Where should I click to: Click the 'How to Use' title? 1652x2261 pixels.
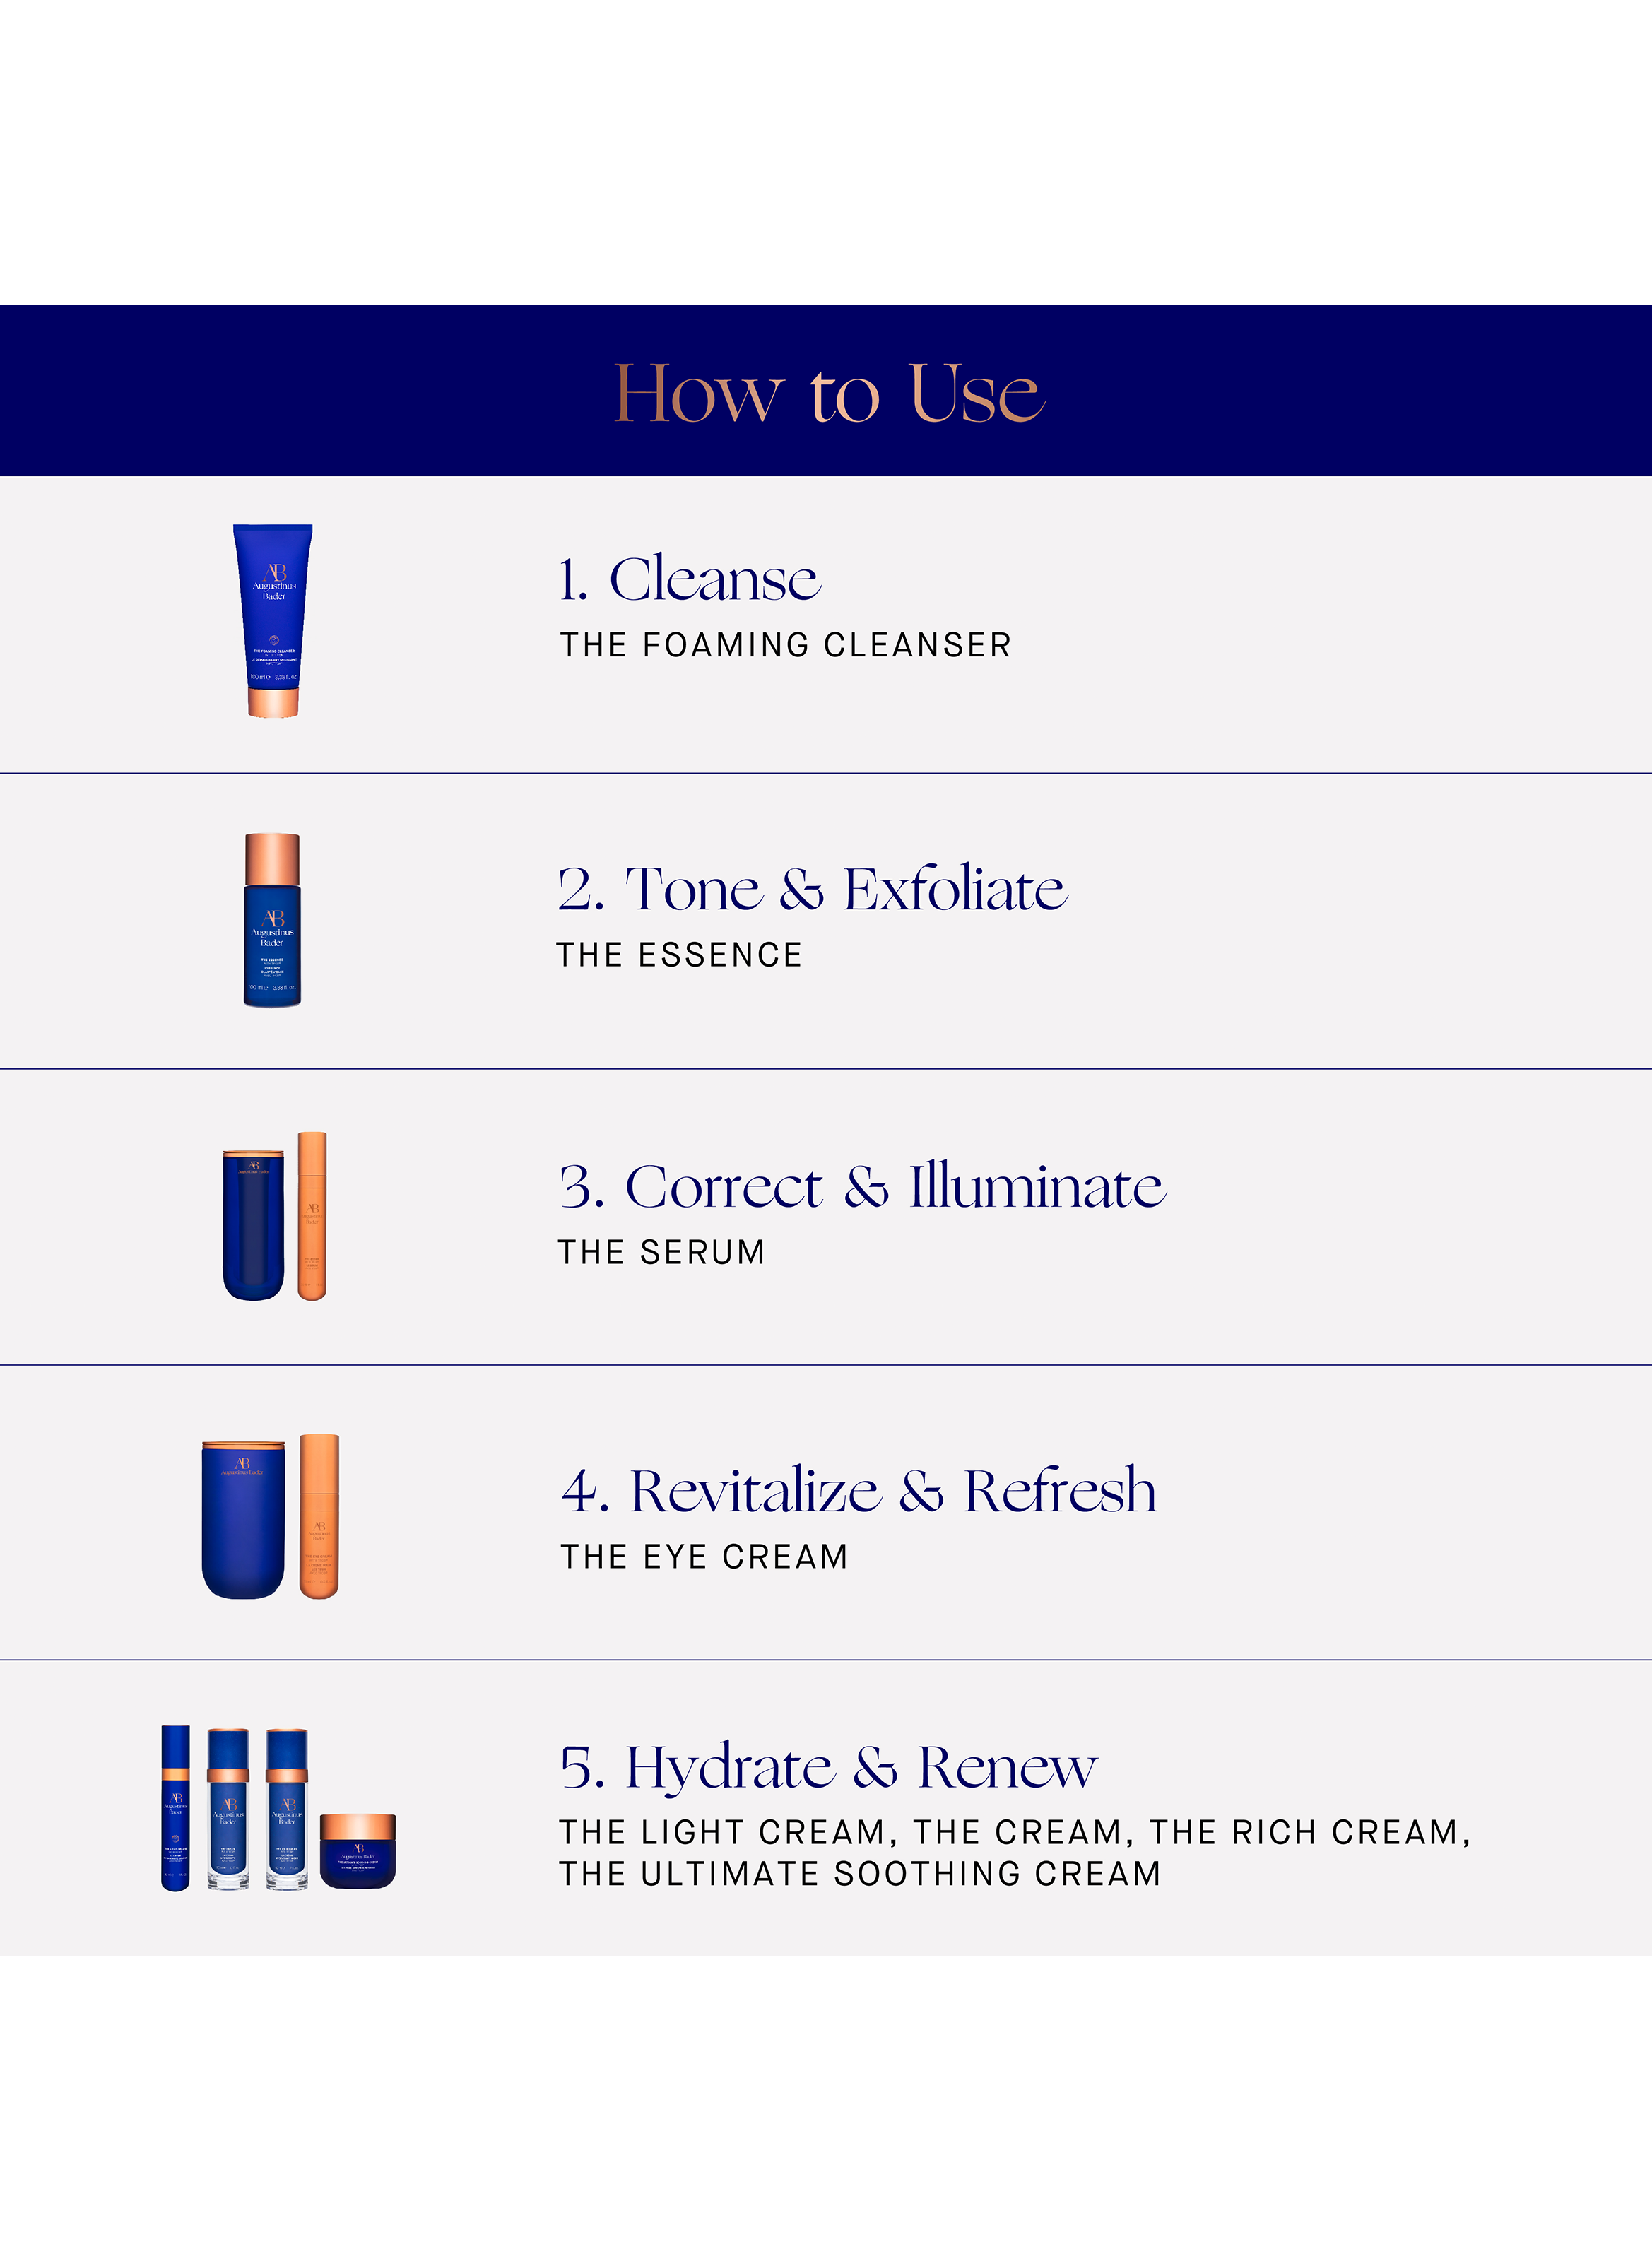point(828,393)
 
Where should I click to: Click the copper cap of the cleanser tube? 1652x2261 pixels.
point(273,702)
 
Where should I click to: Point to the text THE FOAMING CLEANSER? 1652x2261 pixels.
point(785,645)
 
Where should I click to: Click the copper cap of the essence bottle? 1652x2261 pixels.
point(272,858)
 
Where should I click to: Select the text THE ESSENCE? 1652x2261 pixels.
point(679,955)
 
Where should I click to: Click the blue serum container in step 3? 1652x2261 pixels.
point(253,1226)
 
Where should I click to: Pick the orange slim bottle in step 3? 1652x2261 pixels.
point(312,1215)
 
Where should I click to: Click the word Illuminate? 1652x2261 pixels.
point(1037,1187)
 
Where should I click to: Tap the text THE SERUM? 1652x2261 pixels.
point(661,1252)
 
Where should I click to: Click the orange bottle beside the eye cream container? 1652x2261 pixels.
point(319,1515)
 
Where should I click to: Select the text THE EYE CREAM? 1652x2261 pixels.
point(704,1557)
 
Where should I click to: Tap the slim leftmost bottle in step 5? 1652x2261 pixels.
point(175,1808)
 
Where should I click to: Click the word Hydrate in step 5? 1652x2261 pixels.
point(729,1768)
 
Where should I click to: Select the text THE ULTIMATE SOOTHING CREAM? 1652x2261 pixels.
point(859,1873)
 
